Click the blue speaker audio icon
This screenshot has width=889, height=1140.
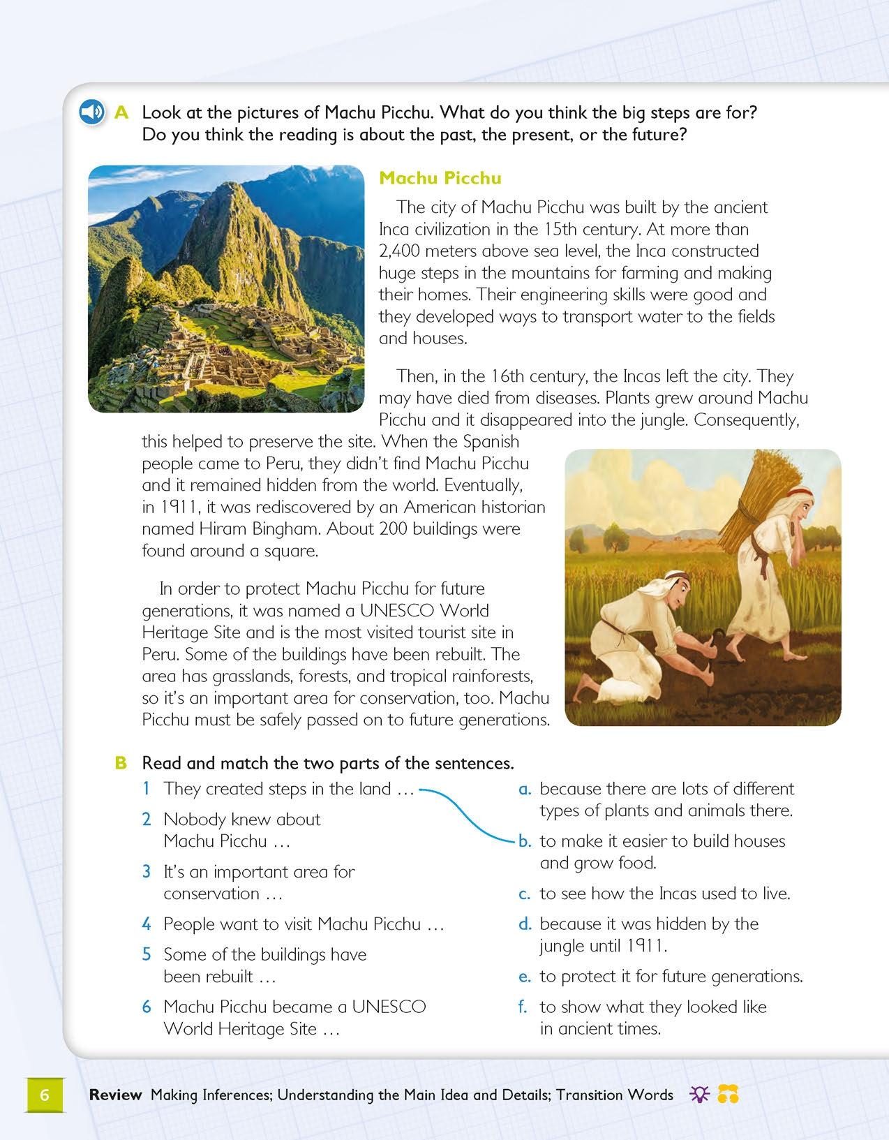coord(91,112)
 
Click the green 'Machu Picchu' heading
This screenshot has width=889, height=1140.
coord(440,178)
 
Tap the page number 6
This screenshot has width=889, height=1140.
coord(45,1095)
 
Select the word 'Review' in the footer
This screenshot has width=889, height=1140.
coord(115,1095)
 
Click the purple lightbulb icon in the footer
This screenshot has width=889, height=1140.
coord(698,1095)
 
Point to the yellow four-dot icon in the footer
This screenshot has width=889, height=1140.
coord(728,1095)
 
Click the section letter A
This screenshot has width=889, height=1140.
coord(122,112)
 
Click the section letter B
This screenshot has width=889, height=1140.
coord(121,763)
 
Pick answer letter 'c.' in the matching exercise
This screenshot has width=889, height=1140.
coord(525,894)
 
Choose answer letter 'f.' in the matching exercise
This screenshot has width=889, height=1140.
coord(525,1007)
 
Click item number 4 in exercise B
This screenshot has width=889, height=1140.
coord(147,924)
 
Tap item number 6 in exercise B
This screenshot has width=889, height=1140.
coord(147,1007)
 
